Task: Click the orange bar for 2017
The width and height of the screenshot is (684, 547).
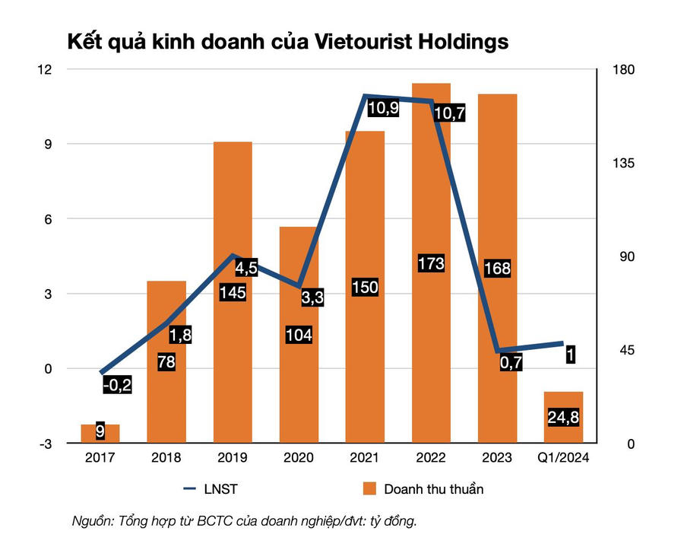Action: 100,434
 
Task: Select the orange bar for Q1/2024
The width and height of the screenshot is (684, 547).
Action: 563,418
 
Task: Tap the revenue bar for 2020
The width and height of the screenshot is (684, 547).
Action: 299,335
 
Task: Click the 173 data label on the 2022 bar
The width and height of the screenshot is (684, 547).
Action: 431,263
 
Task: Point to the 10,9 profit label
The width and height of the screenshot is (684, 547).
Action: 383,107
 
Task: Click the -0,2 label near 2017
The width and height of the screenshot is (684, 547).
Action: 117,385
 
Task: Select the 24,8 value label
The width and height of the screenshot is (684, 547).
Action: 563,418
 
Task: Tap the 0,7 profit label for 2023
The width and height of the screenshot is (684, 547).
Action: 511,362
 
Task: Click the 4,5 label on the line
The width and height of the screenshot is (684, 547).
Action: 246,268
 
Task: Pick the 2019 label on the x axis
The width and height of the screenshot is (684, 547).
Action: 232,457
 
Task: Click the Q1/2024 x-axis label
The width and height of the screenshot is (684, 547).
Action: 563,457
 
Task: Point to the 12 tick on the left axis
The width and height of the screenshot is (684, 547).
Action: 45,69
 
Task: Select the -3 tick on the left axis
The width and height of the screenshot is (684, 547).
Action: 46,444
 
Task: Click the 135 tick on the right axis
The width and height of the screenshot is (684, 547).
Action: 623,164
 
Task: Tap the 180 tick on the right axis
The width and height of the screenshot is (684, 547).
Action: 623,69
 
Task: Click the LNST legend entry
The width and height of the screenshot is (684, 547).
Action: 211,489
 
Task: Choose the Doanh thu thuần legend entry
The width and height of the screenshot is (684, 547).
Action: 423,489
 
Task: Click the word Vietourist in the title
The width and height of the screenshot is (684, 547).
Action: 363,42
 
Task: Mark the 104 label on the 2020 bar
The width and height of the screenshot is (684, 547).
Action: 299,335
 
